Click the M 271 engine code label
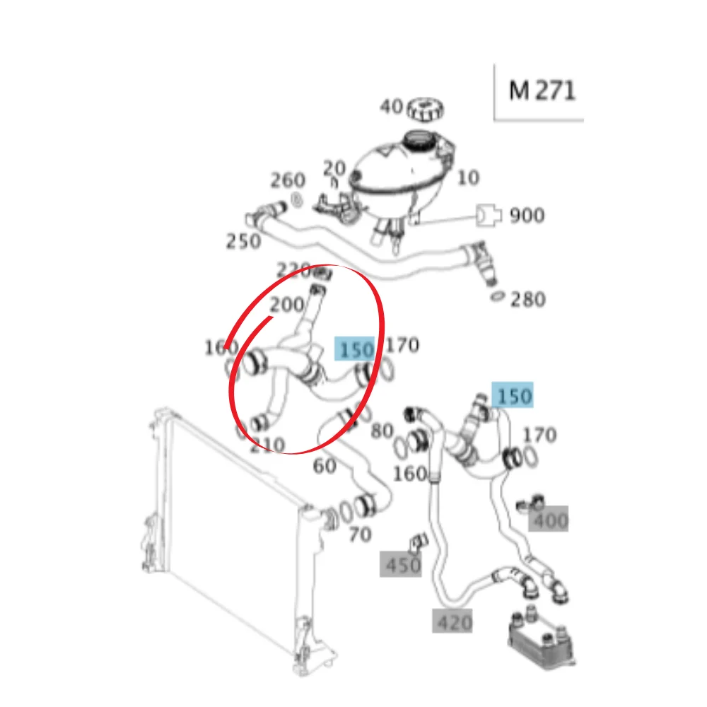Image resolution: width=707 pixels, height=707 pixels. [542, 90]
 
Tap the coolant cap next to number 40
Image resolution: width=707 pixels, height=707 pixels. [425, 109]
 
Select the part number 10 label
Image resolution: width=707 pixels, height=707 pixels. [468, 177]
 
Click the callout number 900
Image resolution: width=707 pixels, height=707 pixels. [527, 216]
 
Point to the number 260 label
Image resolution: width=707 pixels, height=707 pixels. [288, 180]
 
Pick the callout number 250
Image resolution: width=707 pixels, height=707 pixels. [243, 241]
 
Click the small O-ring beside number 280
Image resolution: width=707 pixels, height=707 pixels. [497, 297]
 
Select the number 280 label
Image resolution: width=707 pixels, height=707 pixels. [528, 299]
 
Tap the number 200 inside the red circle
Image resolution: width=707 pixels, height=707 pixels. [287, 305]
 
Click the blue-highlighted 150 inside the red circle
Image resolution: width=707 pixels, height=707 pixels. [354, 349]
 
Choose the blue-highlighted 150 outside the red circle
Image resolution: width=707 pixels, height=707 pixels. [513, 395]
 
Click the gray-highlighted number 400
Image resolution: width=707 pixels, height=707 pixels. [549, 519]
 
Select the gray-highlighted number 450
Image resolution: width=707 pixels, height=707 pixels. [401, 564]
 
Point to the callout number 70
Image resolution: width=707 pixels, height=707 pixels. [361, 534]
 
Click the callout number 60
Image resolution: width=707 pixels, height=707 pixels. [325, 466]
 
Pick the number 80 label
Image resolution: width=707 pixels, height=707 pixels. [382, 431]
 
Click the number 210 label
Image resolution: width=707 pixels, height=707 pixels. [267, 445]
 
